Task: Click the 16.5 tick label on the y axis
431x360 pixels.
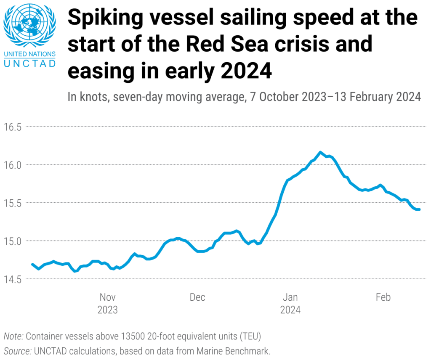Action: [12, 127]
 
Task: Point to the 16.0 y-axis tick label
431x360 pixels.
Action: [12, 165]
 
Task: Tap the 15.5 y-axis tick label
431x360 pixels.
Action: [12, 203]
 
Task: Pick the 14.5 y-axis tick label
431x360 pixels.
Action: [12, 279]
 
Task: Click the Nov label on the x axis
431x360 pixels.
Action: [108, 297]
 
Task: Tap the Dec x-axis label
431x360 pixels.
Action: [197, 297]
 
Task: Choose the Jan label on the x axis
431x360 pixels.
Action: [290, 297]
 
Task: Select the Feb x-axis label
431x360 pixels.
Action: [383, 297]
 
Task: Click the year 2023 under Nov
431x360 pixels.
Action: [108, 310]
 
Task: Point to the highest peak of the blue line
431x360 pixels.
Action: [320, 152]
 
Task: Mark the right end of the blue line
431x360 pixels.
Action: [419, 209]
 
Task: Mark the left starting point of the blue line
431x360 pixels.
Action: [32, 264]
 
